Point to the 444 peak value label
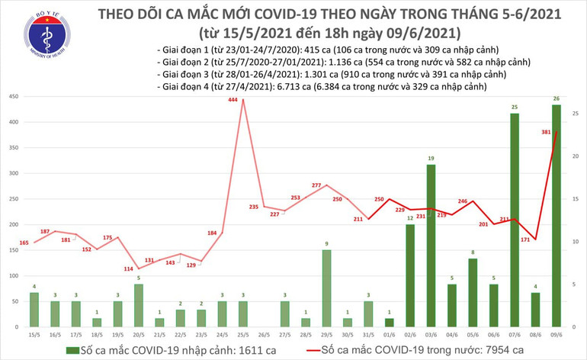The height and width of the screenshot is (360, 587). pyautogui.click(x=242, y=92)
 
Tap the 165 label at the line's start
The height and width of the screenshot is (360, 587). pyautogui.click(x=24, y=243)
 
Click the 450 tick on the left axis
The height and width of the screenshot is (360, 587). pyautogui.click(x=14, y=97)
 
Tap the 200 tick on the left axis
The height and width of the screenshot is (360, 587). pyautogui.click(x=14, y=225)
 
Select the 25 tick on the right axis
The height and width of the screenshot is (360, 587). pyautogui.click(x=576, y=114)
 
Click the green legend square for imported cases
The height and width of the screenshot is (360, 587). pyautogui.click(x=71, y=349)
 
